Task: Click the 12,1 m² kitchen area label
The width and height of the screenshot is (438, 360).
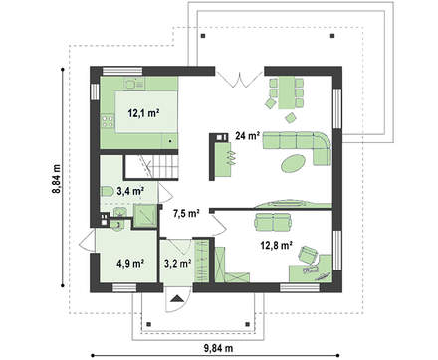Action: (x=143, y=113)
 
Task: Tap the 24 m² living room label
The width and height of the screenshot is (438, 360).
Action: (x=247, y=135)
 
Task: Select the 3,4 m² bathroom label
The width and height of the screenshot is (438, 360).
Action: (x=130, y=191)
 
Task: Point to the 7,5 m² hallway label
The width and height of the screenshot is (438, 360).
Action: (x=186, y=213)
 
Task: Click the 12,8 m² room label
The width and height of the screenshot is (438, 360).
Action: (x=277, y=245)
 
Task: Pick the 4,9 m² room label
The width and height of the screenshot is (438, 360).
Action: (x=130, y=264)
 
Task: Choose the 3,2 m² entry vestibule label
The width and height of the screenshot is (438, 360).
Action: (x=177, y=264)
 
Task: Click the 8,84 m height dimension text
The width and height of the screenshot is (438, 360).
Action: (x=57, y=177)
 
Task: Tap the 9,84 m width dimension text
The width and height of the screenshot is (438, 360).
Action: (x=218, y=348)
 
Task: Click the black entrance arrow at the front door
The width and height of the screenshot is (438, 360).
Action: (x=177, y=298)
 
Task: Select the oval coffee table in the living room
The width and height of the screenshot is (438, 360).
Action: (x=294, y=163)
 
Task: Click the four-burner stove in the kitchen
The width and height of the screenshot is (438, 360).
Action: (x=108, y=120)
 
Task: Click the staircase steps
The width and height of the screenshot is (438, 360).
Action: (x=165, y=167)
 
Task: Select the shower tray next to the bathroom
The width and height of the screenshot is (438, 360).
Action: (x=144, y=216)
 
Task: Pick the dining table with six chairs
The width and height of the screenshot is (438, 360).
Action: (x=286, y=93)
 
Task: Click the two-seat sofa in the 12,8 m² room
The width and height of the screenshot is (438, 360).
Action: (x=273, y=222)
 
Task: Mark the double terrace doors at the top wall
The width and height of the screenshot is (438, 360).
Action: (x=240, y=78)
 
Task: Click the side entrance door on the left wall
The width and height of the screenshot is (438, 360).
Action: (x=87, y=241)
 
